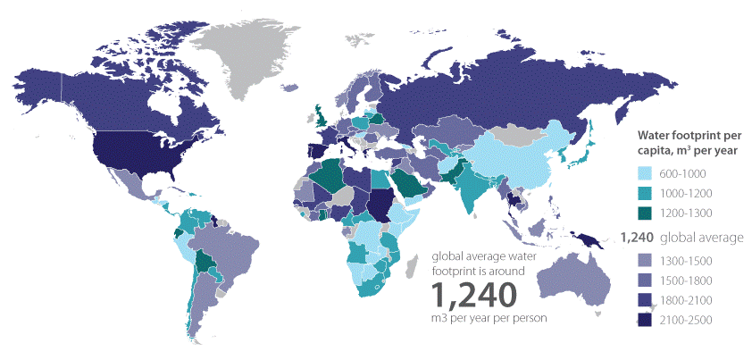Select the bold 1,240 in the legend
pos(637,239)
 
